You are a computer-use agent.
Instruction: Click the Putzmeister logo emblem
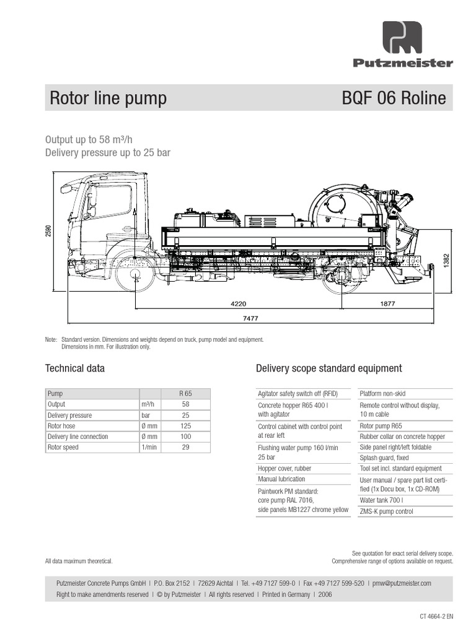coord(402,38)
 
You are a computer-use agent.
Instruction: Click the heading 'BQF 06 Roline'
coord(394,98)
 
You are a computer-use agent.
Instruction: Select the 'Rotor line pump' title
coord(108,98)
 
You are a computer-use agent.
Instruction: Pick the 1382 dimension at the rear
coord(446,261)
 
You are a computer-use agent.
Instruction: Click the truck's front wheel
coord(134,275)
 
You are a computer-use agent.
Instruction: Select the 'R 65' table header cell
coord(185,393)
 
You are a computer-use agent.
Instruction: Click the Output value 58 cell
coord(185,404)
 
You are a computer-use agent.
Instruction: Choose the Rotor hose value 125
coord(185,426)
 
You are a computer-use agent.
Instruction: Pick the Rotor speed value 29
coord(185,447)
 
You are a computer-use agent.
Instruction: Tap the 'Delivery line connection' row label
coord(77,436)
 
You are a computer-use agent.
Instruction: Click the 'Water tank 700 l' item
coord(381,500)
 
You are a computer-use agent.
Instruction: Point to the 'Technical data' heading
coord(75,368)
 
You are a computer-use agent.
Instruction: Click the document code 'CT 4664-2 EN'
coord(436,616)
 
